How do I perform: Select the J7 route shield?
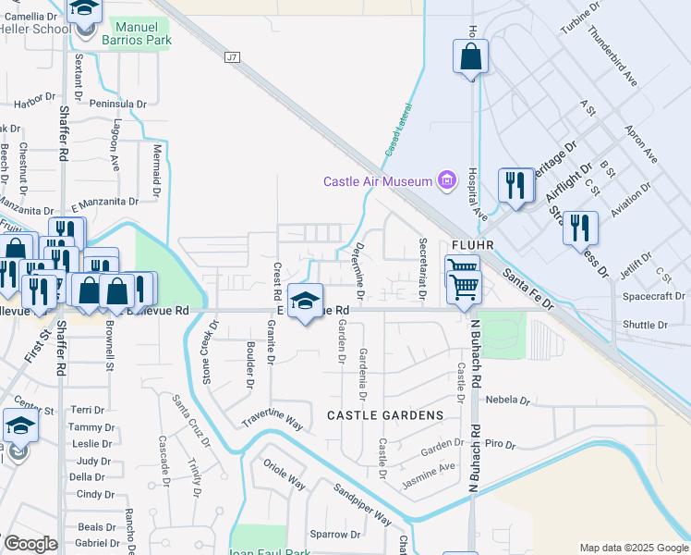coord(232,57)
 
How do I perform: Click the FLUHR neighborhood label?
coord(475,245)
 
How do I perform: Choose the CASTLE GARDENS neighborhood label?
coord(384,415)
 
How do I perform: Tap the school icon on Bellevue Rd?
coord(305,301)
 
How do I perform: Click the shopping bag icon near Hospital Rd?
coord(471,57)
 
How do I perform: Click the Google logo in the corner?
coord(30,544)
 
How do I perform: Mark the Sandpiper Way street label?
coord(362,505)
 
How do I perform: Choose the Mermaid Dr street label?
coord(157,171)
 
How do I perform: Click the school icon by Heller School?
coord(86,11)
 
